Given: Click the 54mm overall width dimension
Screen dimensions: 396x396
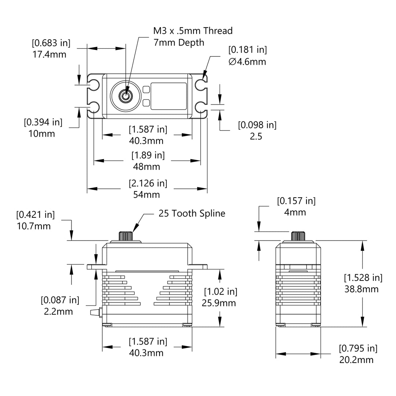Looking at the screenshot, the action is tap(146, 195).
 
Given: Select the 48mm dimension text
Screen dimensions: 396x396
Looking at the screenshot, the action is tap(146, 167).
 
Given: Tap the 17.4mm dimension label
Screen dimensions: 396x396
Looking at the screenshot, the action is tap(49, 54).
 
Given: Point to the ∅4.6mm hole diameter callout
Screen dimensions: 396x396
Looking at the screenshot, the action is tap(247, 62).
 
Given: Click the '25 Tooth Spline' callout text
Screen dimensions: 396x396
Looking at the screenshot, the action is tap(192, 213).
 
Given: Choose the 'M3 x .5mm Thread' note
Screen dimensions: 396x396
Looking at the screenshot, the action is tap(193, 31).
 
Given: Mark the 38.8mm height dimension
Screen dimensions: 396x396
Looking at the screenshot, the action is tap(362, 289).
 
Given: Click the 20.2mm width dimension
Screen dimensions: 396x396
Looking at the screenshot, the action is tap(356, 360).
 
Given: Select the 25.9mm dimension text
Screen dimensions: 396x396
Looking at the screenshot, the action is tap(219, 303).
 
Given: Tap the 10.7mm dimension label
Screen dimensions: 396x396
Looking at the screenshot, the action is tap(34, 226).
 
